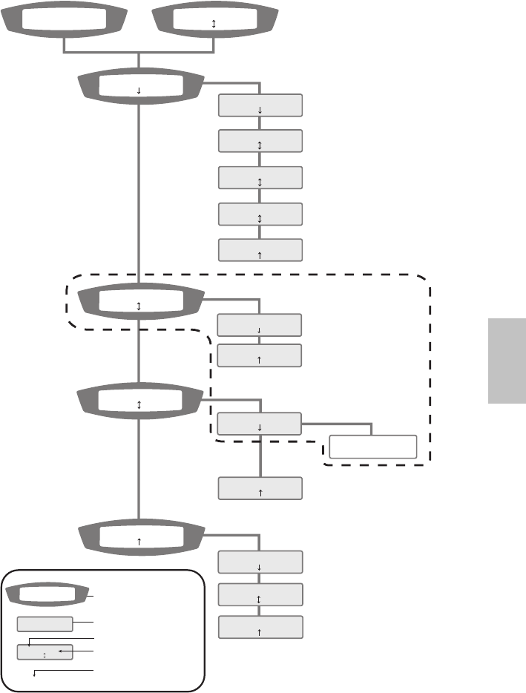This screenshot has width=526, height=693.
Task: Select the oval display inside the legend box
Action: [45, 594]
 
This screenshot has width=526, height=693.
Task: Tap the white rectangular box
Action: [373, 447]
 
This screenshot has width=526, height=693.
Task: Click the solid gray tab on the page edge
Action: [507, 361]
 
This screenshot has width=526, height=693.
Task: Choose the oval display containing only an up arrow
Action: [140, 540]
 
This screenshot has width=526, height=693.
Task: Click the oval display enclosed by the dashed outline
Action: [140, 303]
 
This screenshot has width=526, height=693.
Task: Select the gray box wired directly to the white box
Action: [260, 425]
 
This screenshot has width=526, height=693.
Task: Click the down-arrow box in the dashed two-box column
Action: [260, 325]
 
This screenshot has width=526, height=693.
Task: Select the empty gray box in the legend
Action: [45, 624]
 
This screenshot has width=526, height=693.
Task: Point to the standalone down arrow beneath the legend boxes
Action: [36, 674]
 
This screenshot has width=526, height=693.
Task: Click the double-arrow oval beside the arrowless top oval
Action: [214, 22]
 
